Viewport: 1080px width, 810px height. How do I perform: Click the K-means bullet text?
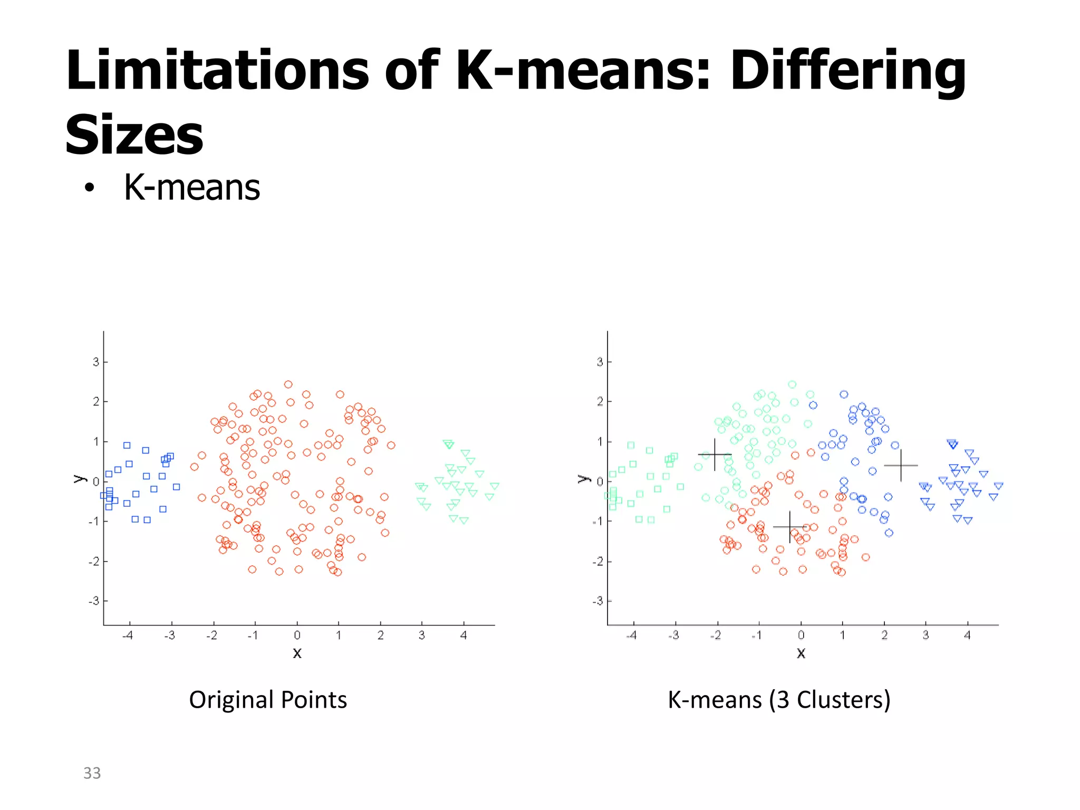tap(191, 188)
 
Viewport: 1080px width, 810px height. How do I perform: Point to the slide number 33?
tap(92, 773)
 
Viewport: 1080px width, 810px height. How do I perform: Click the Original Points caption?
tap(268, 700)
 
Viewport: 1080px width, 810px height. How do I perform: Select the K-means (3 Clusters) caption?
tap(779, 700)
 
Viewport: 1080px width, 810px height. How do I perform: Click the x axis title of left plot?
tap(297, 653)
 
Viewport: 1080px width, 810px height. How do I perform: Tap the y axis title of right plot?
tap(583, 478)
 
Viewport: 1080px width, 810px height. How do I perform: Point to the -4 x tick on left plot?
tap(127, 635)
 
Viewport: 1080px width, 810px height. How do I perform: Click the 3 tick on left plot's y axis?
tap(96, 362)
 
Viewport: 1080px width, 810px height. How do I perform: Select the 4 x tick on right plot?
tap(967, 635)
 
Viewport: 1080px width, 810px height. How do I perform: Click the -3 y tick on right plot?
tap(597, 601)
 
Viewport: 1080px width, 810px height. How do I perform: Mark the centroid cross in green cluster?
tap(715, 454)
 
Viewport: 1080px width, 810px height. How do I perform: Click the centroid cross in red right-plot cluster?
tap(789, 527)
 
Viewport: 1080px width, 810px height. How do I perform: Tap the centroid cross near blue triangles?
tap(901, 465)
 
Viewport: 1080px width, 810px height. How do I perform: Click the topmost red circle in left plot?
tap(288, 384)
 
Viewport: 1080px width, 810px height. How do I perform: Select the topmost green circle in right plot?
tap(792, 384)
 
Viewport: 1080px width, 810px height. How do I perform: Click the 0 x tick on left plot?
tap(297, 635)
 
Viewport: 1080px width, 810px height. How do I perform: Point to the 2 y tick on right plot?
tap(600, 402)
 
